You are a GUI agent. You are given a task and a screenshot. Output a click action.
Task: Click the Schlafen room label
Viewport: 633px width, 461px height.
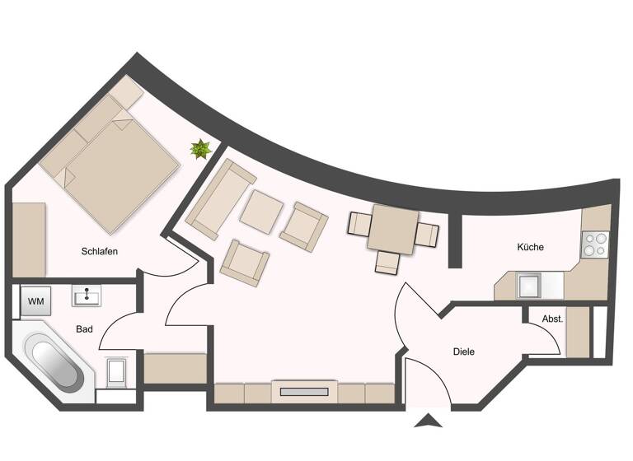98,251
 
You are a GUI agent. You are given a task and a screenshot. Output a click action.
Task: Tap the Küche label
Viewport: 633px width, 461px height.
530,247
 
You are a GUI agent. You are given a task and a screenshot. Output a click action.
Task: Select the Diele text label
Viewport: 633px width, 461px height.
464,352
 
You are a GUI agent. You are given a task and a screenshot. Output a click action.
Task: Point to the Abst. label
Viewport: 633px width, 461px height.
551,319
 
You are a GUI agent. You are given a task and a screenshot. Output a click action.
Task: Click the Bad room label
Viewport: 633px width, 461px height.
84,329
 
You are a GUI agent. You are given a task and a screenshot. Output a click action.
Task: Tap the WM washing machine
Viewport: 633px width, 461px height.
35,301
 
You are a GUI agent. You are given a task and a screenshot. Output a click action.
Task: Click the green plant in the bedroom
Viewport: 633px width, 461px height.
200,149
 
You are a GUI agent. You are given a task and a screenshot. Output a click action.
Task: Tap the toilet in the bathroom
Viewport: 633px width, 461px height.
116,372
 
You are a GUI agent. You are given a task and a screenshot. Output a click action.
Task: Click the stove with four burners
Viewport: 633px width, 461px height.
594,244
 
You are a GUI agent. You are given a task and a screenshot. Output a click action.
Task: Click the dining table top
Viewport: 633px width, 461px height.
393,229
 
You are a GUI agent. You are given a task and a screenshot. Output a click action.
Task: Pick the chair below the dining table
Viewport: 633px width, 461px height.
387,263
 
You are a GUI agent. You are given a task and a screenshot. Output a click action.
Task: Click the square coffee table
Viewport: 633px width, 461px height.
262,211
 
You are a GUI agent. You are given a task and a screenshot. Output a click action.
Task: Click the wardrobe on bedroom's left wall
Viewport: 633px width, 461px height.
29,239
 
